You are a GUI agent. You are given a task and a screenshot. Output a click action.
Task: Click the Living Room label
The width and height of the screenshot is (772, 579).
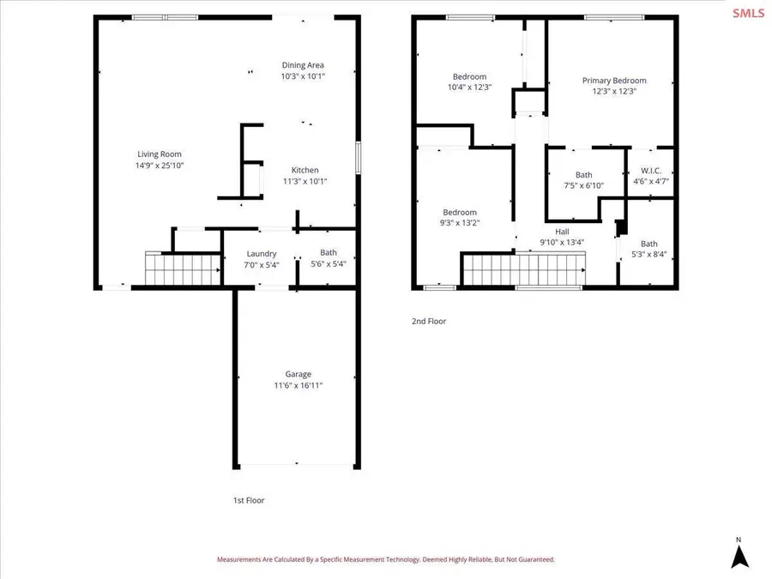159,154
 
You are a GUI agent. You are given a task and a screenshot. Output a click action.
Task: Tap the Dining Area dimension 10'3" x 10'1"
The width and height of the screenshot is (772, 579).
303,76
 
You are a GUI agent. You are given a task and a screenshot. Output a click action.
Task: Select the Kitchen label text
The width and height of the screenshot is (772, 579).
305,170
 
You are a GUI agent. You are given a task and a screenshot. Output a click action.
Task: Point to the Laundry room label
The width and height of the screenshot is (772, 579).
262,254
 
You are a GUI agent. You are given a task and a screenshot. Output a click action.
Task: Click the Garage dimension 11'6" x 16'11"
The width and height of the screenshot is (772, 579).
299,385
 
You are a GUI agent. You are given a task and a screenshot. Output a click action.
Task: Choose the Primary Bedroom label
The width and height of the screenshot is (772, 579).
614,81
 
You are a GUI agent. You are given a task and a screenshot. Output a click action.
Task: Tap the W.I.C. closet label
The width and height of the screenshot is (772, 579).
651,171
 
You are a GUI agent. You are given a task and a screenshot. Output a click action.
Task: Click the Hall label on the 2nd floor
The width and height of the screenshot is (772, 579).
562,232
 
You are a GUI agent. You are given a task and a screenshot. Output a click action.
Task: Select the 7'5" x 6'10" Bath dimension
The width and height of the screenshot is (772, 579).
583,185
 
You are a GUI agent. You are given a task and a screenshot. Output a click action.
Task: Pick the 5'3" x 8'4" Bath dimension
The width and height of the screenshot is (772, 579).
649,255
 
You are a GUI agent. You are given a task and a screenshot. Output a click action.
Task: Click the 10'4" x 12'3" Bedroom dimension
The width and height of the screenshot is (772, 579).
470,87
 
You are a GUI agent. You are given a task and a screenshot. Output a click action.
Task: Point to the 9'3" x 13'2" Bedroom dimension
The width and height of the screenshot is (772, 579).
460,222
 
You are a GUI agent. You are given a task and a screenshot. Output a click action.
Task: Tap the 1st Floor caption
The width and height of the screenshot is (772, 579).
249,500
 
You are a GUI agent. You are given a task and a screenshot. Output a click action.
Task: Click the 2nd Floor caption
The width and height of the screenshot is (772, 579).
429,321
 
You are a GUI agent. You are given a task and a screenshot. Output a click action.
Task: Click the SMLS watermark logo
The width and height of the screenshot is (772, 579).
748,13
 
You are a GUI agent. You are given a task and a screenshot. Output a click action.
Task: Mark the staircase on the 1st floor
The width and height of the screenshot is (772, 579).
183,268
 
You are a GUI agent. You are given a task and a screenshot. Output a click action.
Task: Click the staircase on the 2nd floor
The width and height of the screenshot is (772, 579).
524,268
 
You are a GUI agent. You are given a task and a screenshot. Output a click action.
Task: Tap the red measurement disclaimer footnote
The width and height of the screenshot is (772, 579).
386,559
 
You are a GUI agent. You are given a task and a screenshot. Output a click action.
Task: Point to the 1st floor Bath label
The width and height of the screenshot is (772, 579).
329,252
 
